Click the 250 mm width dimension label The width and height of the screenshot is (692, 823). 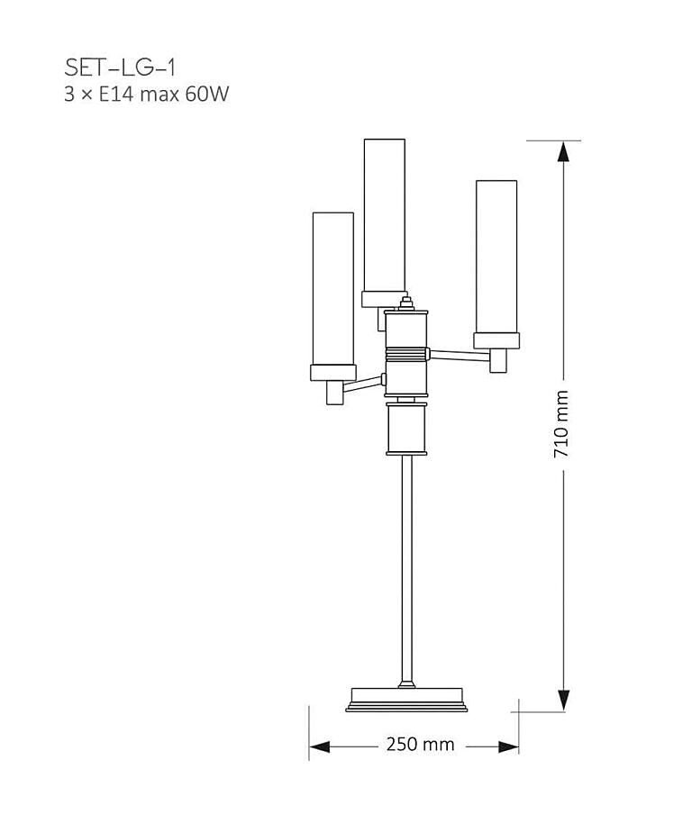(x=420, y=745)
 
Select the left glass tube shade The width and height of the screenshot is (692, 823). (x=333, y=288)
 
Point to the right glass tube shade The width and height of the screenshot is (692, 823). (x=496, y=256)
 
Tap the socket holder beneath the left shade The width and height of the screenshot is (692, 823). (x=334, y=393)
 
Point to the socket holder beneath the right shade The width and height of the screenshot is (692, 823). (x=499, y=359)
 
